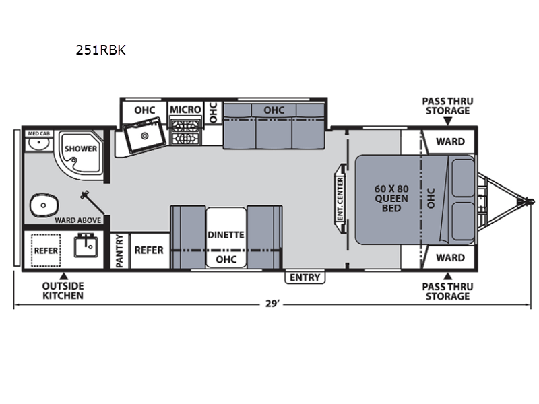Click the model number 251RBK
(x=102, y=50)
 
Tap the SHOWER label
(x=81, y=149)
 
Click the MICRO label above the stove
(x=185, y=110)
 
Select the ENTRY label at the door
(x=305, y=277)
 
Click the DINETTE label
(x=226, y=235)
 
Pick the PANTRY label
(x=120, y=251)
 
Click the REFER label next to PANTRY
(x=149, y=250)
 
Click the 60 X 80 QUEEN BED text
(x=391, y=198)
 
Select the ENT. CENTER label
(x=340, y=199)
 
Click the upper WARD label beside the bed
(x=449, y=142)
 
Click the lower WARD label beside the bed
(x=449, y=257)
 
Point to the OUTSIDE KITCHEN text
(x=63, y=291)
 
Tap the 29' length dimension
(x=272, y=304)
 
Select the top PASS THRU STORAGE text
(x=447, y=106)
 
